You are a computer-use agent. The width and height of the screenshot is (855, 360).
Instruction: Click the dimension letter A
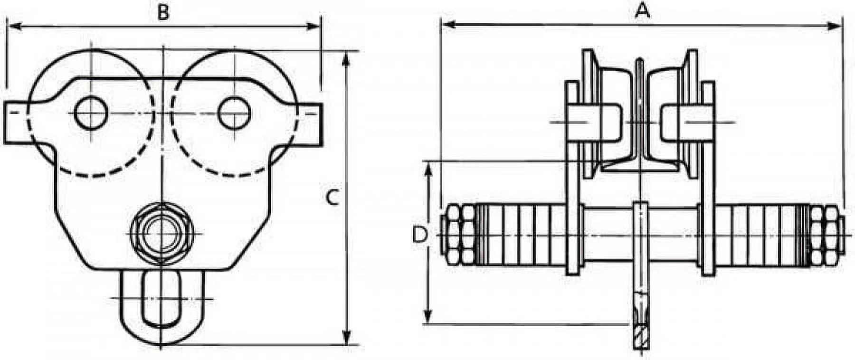coord(642,10)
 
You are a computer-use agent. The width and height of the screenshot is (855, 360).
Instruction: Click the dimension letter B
coord(163,13)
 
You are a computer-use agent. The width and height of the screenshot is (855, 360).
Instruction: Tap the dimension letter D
coord(418,235)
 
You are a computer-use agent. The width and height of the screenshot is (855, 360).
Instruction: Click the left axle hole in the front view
coord(91,113)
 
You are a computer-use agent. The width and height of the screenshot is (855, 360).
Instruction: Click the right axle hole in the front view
coord(235,113)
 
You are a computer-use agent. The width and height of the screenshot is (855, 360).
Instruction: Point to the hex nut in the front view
coord(162,234)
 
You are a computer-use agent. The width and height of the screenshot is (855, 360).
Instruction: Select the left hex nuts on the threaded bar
coord(458,235)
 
